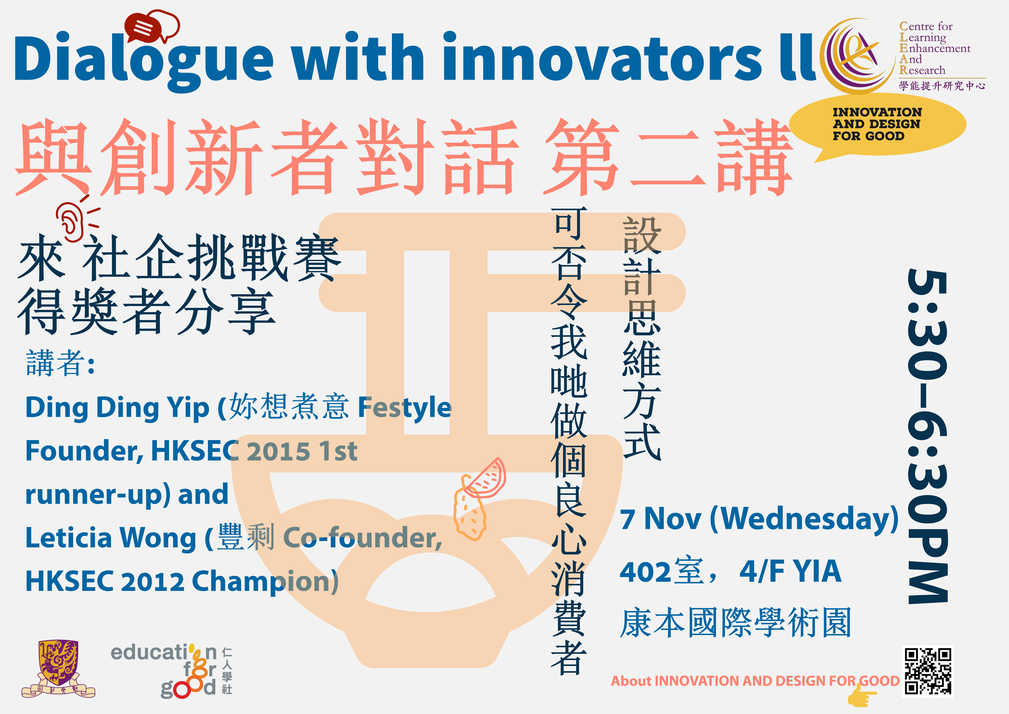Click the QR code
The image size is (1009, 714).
pos(928,671)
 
